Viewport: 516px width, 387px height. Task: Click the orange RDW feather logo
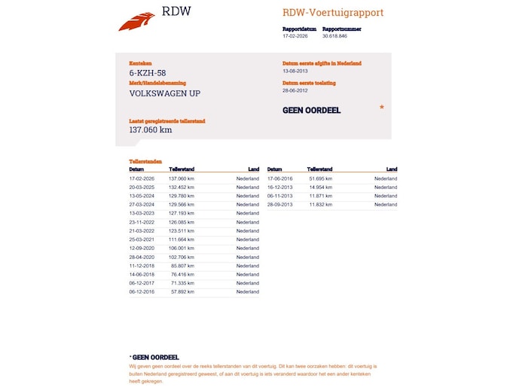click(136, 21)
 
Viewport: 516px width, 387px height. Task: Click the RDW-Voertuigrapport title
click(333, 13)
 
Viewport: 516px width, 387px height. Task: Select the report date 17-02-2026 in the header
click(295, 35)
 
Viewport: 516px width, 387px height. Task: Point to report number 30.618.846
click(334, 35)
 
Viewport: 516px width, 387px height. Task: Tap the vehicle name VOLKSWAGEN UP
click(165, 93)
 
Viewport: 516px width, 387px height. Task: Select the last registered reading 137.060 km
click(151, 130)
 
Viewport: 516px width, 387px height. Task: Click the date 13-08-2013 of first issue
click(295, 71)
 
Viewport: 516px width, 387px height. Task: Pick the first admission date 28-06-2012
click(295, 90)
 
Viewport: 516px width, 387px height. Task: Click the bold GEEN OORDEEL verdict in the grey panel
click(311, 110)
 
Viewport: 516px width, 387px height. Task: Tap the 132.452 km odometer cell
click(182, 187)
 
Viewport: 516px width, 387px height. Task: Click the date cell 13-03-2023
click(142, 213)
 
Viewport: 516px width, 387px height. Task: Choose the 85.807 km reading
click(183, 266)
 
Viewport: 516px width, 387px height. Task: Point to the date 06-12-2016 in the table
click(142, 291)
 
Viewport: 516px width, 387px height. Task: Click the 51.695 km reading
click(321, 178)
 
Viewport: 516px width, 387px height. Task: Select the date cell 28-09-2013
click(279, 205)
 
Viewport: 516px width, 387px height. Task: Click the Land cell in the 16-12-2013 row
click(385, 187)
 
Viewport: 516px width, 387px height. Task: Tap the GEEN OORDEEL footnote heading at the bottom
click(154, 357)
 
